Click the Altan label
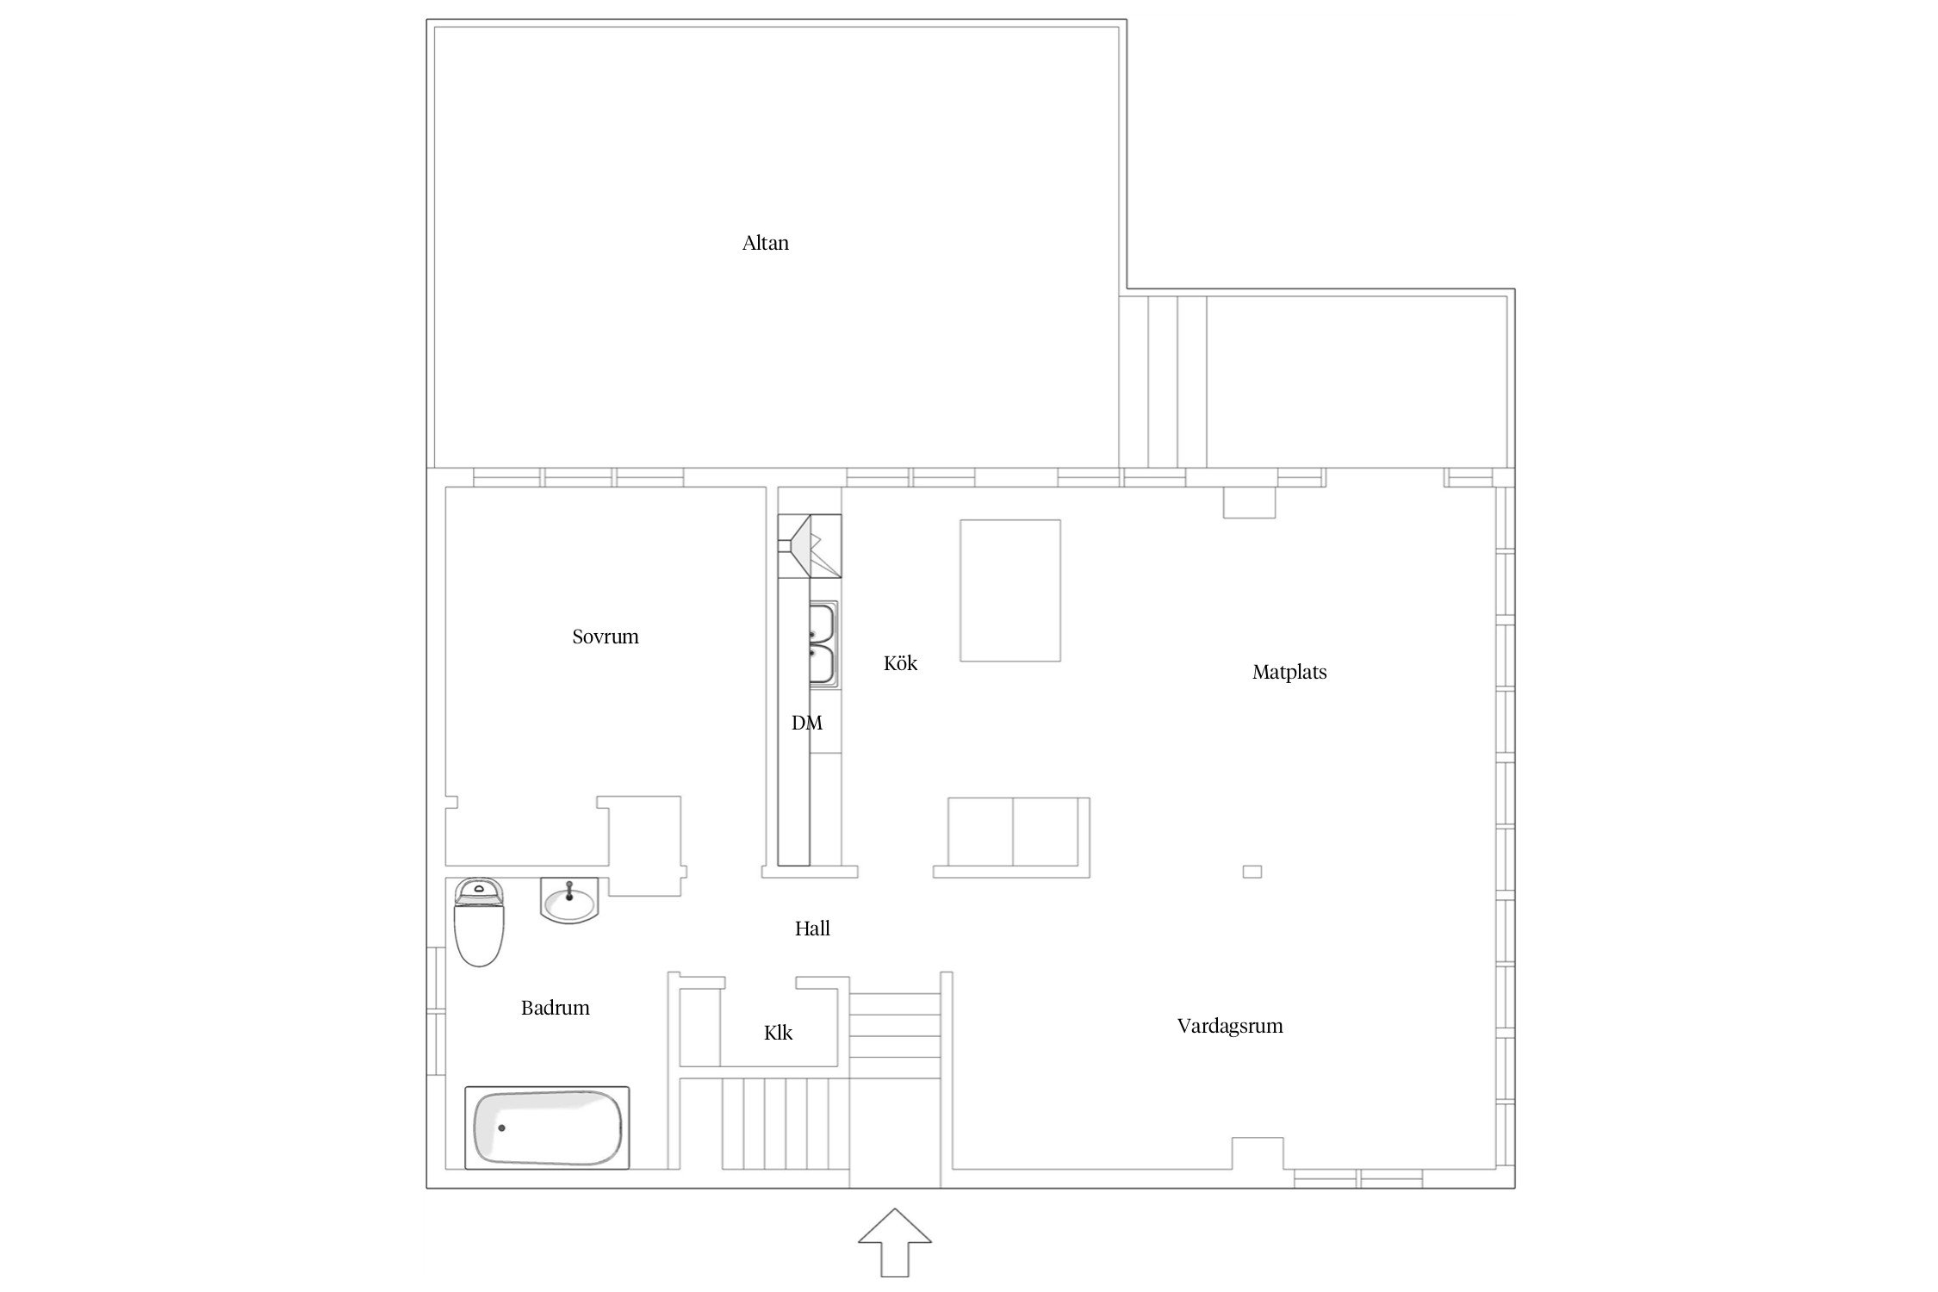(x=765, y=243)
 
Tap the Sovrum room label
(x=606, y=637)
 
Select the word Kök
(x=900, y=663)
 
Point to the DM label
(x=807, y=723)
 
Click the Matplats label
(x=1289, y=672)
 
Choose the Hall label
(x=812, y=928)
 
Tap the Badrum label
(x=556, y=1008)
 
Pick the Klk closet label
(x=778, y=1033)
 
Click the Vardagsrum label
(x=1230, y=1026)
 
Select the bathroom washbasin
(x=569, y=901)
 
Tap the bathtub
(x=547, y=1127)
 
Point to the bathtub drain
(x=501, y=1127)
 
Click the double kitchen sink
(x=823, y=644)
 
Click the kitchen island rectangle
(x=1010, y=590)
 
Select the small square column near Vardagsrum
(x=1252, y=872)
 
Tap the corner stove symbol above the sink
(x=810, y=545)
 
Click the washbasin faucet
(x=569, y=890)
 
